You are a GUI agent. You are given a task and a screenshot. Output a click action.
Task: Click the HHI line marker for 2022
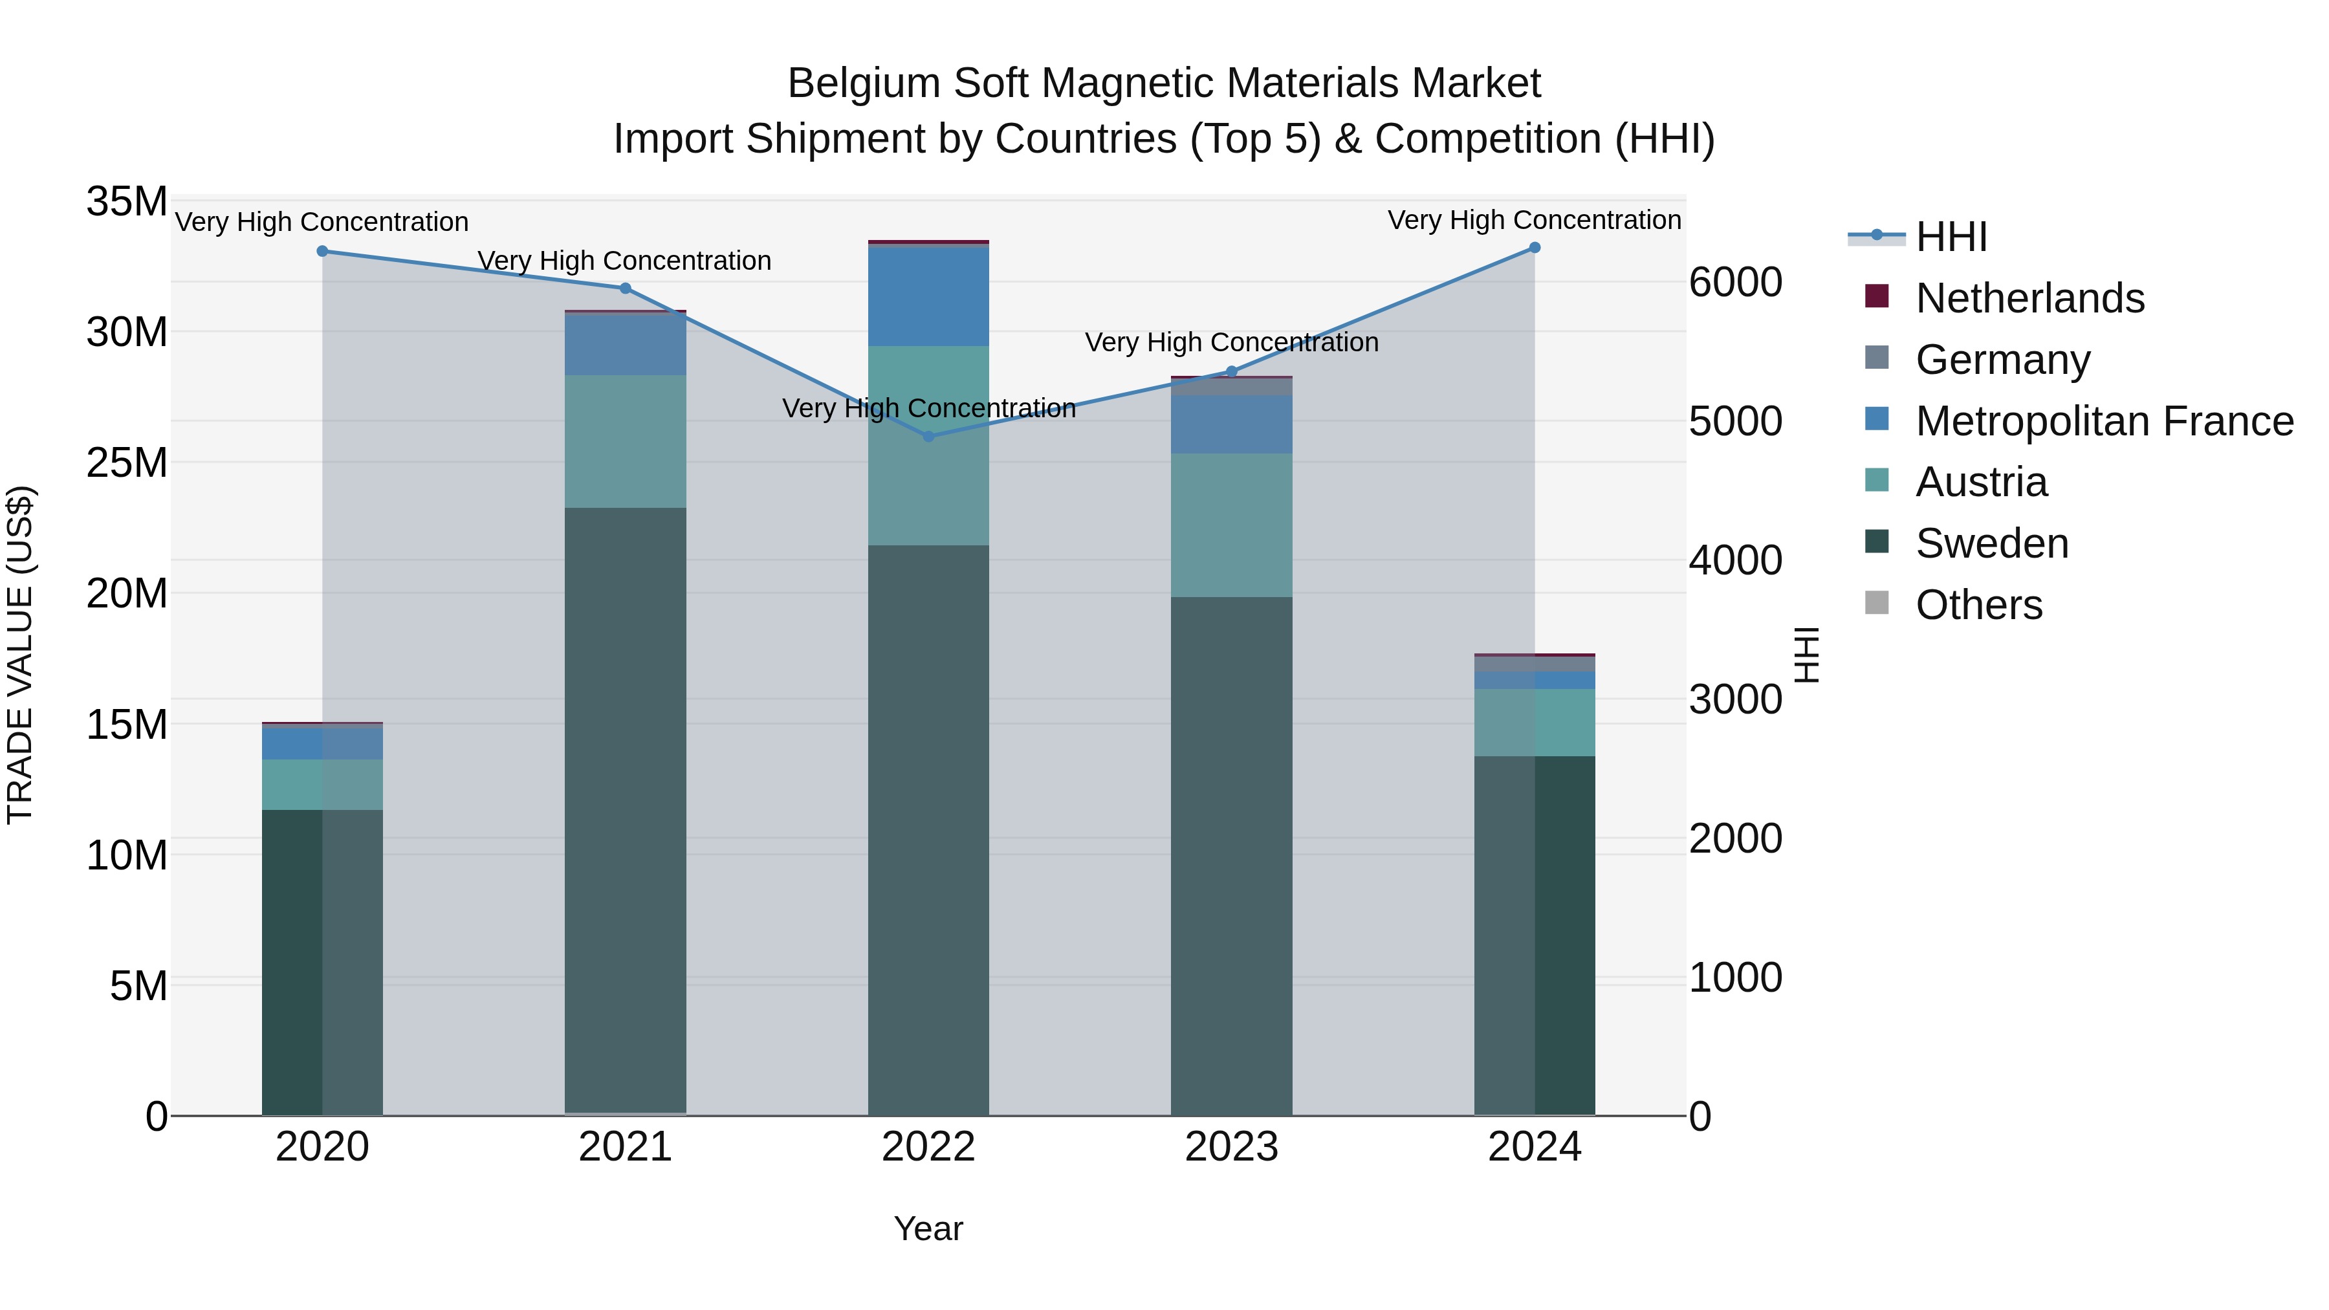point(928,437)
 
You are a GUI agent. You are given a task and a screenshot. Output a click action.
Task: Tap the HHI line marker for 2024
point(1535,248)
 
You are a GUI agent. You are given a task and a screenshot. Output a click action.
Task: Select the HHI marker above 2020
point(322,252)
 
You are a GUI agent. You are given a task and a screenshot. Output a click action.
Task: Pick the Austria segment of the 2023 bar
point(1230,525)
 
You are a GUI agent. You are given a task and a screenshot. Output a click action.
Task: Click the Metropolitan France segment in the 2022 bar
point(928,296)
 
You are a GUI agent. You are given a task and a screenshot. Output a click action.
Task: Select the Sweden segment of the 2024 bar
point(1535,935)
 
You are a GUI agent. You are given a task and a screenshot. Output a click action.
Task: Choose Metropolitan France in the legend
point(2103,421)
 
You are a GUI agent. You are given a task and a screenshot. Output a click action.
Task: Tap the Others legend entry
point(1978,605)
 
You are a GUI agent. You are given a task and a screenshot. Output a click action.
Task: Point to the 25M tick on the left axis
point(127,463)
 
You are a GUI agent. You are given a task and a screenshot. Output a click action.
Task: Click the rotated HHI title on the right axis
point(1806,655)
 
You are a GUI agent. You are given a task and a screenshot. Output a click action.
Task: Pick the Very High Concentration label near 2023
point(1230,343)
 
